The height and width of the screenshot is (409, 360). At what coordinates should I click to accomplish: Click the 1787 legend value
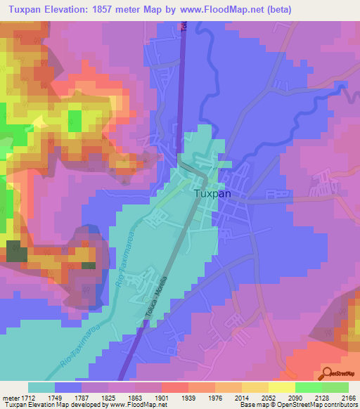pyautogui.click(x=82, y=397)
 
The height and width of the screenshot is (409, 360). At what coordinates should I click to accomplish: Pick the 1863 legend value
pyautogui.click(x=134, y=397)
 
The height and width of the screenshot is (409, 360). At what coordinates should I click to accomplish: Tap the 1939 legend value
pyautogui.click(x=188, y=397)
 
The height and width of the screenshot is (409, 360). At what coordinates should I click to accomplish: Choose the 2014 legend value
pyautogui.click(x=241, y=397)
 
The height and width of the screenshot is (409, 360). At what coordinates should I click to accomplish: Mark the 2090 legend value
pyautogui.click(x=295, y=397)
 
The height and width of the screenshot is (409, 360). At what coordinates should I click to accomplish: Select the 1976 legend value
pyautogui.click(x=214, y=397)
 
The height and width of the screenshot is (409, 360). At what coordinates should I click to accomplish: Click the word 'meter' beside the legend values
pyautogui.click(x=9, y=397)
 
